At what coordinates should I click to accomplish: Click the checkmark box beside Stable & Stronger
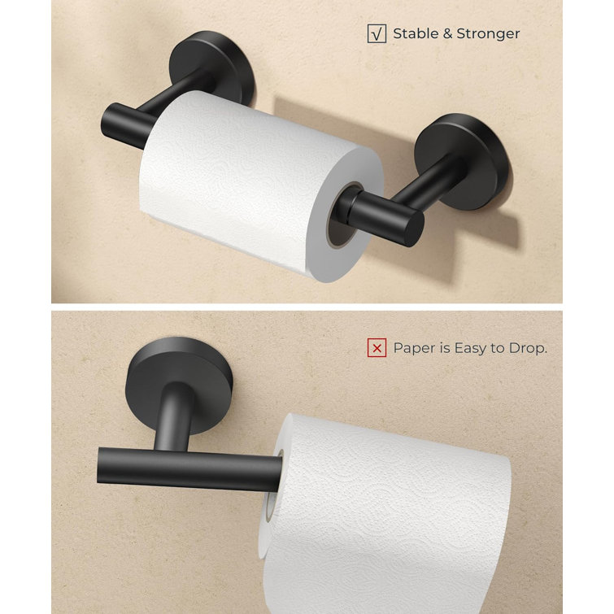pyautogui.click(x=377, y=33)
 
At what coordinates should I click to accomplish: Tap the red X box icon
pyautogui.click(x=377, y=348)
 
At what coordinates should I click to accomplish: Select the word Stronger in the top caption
pyautogui.click(x=488, y=33)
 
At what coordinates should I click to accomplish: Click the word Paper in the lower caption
pyautogui.click(x=413, y=348)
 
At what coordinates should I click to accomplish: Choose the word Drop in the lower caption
pyautogui.click(x=529, y=348)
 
